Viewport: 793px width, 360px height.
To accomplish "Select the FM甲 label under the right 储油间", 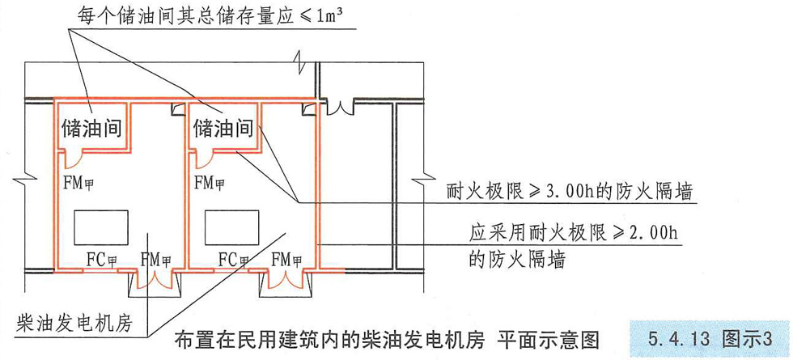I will (210, 180).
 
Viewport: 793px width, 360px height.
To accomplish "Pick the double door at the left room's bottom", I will (155, 280).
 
